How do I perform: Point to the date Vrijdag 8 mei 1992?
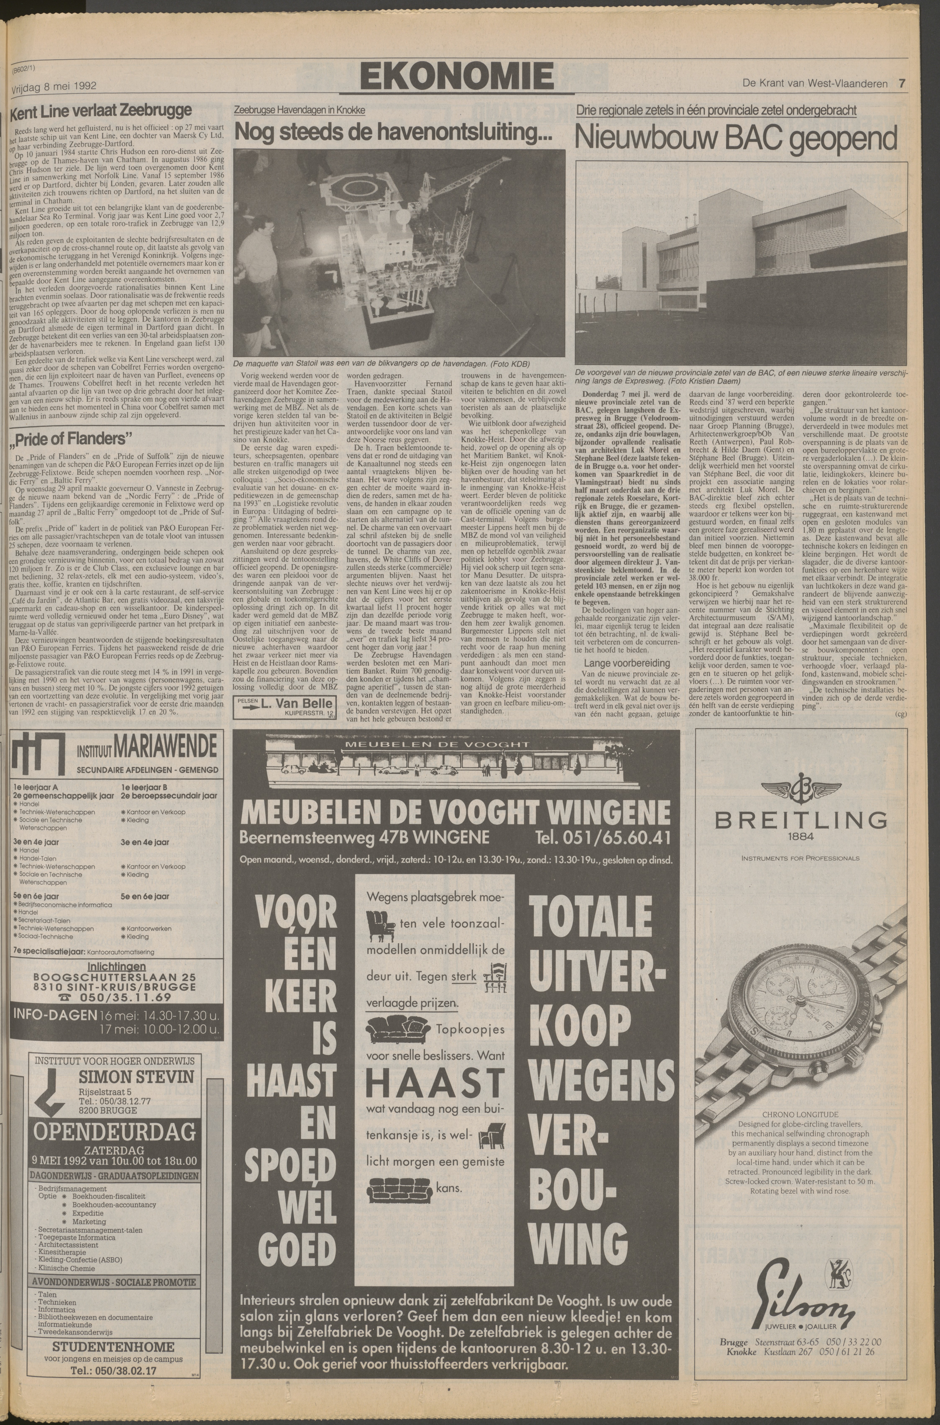click(54, 87)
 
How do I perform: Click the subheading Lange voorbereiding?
click(619, 663)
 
